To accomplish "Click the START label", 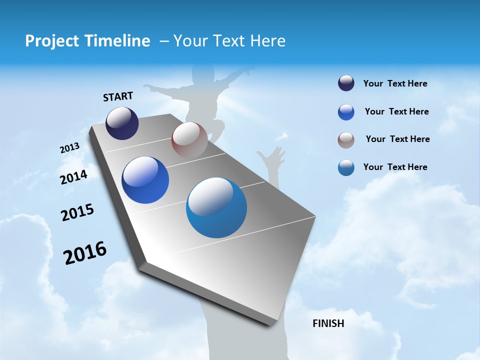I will click(118, 96).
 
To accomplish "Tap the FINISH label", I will click(328, 323).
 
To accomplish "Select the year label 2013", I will click(69, 148).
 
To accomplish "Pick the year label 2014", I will click(73, 177).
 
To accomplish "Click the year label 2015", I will click(77, 212).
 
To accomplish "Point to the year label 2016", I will click(85, 253).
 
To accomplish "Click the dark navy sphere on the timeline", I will click(122, 123).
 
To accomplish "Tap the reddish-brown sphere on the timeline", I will click(189, 140).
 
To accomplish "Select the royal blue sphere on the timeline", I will click(145, 180).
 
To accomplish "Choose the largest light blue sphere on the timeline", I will click(216, 207).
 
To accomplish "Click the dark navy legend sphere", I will click(346, 83).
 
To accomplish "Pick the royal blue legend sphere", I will click(346, 112).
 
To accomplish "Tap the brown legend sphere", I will click(346, 140).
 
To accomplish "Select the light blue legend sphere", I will click(346, 167).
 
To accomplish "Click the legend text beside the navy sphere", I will click(395, 83).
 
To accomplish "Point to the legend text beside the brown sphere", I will click(397, 139).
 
